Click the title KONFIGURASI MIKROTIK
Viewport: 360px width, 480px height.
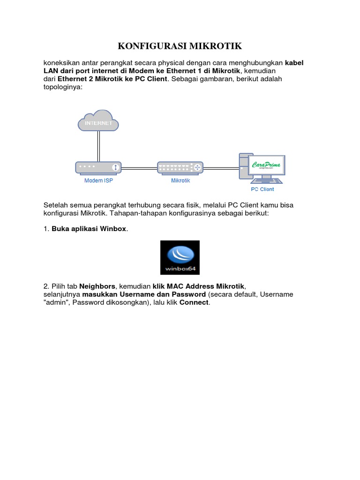180,46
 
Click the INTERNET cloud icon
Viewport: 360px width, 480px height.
98,120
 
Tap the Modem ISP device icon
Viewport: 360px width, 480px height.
98,167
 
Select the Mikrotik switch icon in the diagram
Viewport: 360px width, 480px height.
180,167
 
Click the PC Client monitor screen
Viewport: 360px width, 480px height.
268,165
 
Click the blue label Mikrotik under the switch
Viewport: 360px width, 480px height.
180,180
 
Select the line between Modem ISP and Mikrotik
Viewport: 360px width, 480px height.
139,167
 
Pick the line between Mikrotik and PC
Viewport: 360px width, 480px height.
220,167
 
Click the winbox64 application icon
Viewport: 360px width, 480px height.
180,257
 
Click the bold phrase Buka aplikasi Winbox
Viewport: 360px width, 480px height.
89,229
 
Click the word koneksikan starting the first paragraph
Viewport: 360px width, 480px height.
62,62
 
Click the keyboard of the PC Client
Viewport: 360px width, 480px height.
267,180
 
